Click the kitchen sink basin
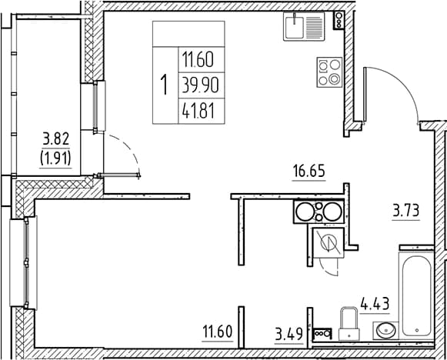295,26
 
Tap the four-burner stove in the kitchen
329,72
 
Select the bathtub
416,295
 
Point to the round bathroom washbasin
386,330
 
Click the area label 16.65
309,172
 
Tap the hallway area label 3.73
406,212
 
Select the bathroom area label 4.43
375,304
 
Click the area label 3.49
289,334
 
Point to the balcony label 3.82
56,139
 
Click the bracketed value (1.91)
55,158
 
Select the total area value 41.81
198,111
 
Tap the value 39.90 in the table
200,85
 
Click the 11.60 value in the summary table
198,60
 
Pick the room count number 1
164,85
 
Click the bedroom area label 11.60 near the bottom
217,332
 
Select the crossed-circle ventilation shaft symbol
329,243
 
